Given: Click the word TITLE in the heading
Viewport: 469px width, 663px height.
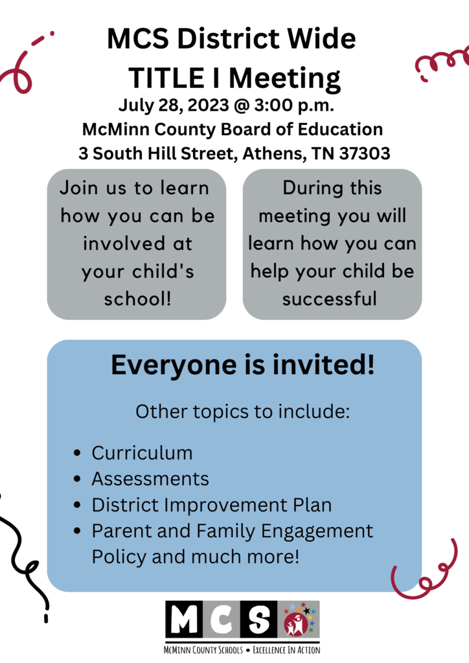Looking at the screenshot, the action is pos(172,78).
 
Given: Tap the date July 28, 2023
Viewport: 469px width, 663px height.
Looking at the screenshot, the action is pos(174,106).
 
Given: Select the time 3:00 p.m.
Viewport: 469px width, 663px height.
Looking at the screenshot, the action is pos(294,106).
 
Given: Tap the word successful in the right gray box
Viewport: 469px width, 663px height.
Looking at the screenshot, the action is pos(330,299).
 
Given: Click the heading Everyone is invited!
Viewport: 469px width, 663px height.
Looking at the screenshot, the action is pos(243,365).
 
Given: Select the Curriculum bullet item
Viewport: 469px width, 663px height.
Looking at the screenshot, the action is pos(142,453).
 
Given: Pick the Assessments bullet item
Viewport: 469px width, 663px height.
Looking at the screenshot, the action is pos(150,479).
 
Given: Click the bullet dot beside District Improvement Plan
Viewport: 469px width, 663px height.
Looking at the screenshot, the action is pos(77,505).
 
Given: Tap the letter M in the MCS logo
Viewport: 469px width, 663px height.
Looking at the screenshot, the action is pos(185,619).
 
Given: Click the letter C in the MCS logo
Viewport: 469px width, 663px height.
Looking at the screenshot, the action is pos(222,619).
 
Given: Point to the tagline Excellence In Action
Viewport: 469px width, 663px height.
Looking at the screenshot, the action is pos(286,649).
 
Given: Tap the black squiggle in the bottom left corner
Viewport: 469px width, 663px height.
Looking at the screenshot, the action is pos(23,558).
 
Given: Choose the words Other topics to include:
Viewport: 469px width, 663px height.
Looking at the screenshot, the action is pos(243,411).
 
